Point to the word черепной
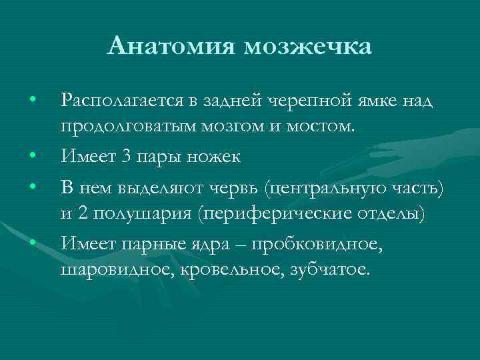(306, 101)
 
